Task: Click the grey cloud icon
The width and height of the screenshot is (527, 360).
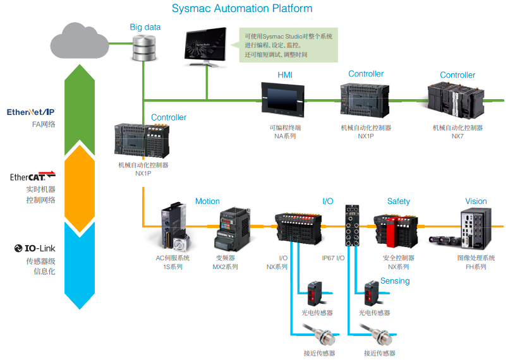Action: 80,41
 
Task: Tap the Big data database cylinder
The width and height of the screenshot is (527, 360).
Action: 144,48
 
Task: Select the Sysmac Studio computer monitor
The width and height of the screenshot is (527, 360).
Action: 205,46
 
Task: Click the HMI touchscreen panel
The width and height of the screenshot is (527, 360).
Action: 283,100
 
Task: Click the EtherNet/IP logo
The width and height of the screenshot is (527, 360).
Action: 30,112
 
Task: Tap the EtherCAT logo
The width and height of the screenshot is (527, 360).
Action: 33,176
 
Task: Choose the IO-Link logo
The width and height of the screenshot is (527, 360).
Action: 35,248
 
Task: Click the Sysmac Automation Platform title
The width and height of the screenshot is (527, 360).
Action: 242,8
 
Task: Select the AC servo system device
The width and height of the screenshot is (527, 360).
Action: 175,226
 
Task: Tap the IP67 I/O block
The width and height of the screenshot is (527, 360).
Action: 352,225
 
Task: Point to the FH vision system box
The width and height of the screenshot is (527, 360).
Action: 476,228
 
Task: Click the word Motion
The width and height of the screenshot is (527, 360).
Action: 207,201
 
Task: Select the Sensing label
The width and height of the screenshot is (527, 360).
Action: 395,281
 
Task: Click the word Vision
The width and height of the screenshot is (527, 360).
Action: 476,201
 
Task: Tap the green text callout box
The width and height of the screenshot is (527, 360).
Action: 288,45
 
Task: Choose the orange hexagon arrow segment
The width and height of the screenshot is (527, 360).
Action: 80,189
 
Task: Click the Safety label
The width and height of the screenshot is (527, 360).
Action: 399,201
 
